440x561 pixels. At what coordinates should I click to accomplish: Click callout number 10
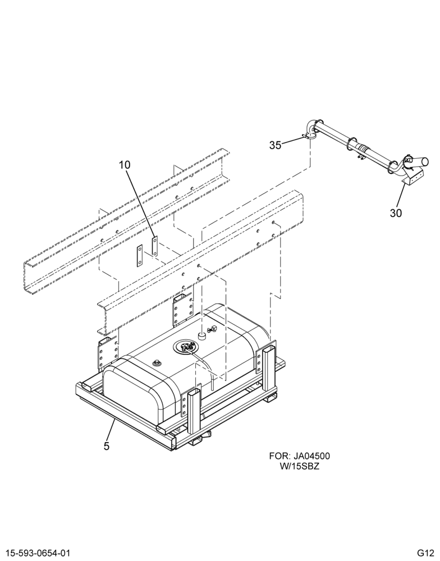tap(125, 165)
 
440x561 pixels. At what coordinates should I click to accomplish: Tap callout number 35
tap(276, 145)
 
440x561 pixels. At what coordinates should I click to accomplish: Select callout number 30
tap(396, 213)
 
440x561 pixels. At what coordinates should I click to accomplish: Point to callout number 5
tap(106, 446)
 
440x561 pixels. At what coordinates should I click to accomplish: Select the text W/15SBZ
tap(300, 467)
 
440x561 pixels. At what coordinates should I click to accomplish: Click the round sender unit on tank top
tap(185, 346)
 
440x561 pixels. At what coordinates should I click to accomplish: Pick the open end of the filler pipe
tap(424, 161)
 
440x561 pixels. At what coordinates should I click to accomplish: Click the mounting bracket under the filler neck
tap(413, 177)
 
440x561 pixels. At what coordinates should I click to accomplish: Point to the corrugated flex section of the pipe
tap(364, 148)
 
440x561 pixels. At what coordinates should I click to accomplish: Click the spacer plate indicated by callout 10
tap(155, 246)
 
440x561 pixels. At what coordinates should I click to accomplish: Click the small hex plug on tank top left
tap(157, 364)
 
